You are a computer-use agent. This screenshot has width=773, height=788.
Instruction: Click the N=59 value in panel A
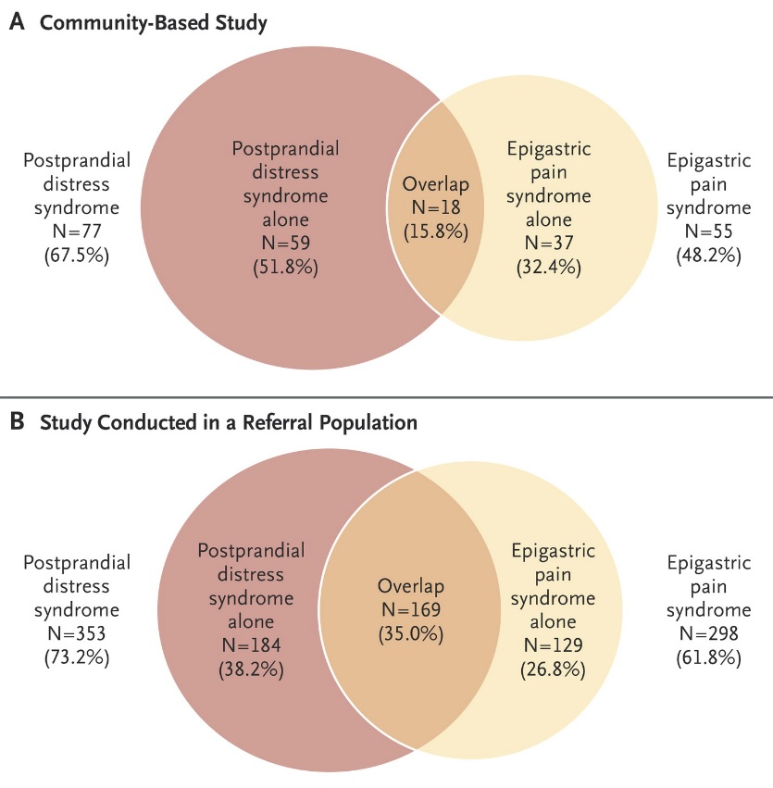[285, 244]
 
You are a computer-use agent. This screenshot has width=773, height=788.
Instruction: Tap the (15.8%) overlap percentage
[436, 231]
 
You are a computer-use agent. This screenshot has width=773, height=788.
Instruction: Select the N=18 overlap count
[436, 207]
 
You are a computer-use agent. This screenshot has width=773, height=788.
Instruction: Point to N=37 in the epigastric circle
[548, 244]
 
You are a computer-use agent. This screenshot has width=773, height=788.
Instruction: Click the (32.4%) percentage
[548, 267]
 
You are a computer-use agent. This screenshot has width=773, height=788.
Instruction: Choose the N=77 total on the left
[77, 231]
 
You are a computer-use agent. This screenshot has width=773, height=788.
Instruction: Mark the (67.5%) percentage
[77, 256]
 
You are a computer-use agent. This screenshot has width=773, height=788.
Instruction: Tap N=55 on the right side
[709, 231]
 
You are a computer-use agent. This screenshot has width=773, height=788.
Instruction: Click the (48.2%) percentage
[709, 256]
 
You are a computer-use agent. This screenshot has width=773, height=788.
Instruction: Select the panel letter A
[17, 22]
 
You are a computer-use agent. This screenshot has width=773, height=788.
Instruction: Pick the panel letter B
[17, 421]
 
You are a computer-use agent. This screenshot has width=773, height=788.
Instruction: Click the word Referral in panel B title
[276, 422]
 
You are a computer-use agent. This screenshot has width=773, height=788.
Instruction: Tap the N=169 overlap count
[411, 609]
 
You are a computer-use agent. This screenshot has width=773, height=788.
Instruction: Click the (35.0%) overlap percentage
[411, 633]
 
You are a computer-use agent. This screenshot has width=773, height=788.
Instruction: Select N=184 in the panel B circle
[251, 645]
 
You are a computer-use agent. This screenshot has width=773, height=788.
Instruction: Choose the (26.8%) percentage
[553, 669]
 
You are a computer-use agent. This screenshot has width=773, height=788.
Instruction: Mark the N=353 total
[77, 633]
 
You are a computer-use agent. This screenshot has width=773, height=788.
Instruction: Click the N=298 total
[709, 633]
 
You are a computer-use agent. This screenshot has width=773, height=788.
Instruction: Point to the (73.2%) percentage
[77, 657]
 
